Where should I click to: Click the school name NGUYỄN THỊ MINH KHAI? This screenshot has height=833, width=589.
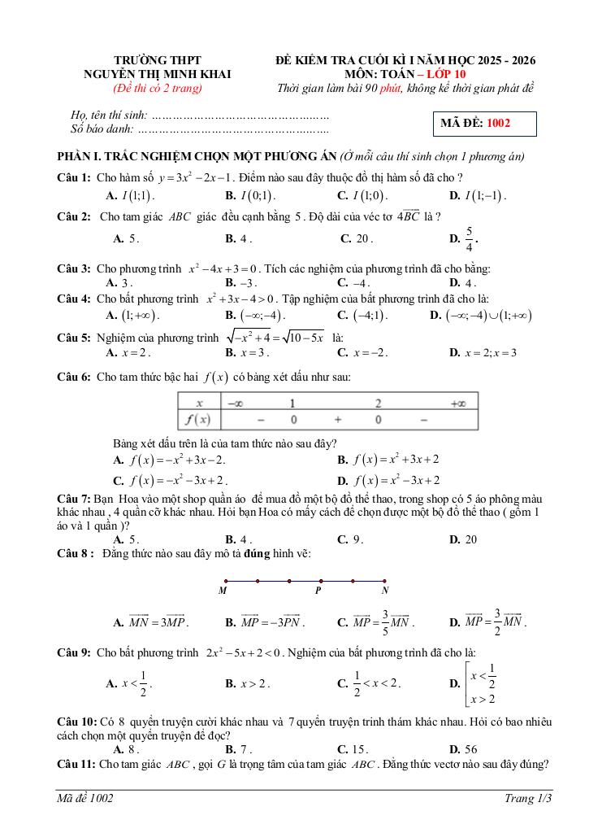coord(158,74)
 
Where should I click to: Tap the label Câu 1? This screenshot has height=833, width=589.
coord(73,177)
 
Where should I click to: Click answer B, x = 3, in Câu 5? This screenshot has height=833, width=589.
coord(253,353)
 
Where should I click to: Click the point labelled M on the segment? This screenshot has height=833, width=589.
coord(225,581)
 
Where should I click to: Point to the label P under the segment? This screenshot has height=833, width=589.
coord(318,591)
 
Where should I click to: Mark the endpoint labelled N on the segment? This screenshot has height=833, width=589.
coord(384,581)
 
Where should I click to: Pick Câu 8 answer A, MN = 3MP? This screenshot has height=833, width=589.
coord(158,622)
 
